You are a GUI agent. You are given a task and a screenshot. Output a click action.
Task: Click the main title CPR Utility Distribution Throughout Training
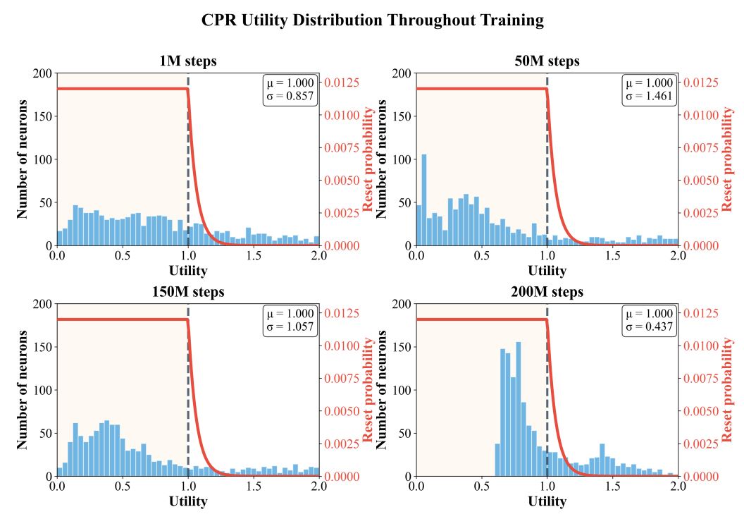click(372, 20)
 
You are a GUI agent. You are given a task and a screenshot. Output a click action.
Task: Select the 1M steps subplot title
click(187, 61)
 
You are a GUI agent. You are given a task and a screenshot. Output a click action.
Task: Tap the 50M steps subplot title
click(547, 61)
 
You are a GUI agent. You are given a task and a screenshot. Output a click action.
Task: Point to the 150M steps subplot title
click(187, 292)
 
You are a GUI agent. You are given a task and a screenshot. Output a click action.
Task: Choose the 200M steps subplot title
click(547, 292)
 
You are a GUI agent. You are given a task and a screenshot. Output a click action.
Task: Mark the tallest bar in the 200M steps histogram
click(519, 409)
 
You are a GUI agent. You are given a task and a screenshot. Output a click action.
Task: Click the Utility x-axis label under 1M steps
click(188, 270)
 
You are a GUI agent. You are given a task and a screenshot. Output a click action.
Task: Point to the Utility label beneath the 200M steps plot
click(547, 501)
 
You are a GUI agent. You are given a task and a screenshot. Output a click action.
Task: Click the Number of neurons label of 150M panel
click(23, 389)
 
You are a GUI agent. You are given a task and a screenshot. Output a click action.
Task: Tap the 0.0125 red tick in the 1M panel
click(342, 83)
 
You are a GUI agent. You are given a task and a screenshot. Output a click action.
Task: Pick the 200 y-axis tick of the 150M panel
click(42, 304)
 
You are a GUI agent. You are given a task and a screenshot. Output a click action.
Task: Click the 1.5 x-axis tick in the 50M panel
click(612, 255)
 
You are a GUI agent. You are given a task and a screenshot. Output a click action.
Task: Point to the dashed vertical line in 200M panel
click(547, 395)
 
